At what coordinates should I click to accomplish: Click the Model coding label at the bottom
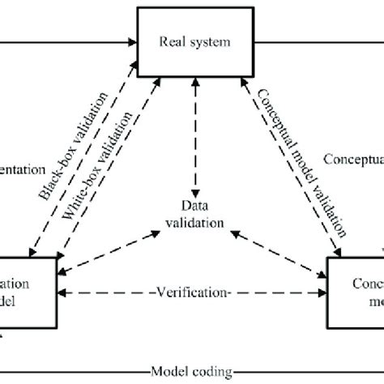[x=191, y=369]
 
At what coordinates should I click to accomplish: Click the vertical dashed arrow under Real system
[x=191, y=138]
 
